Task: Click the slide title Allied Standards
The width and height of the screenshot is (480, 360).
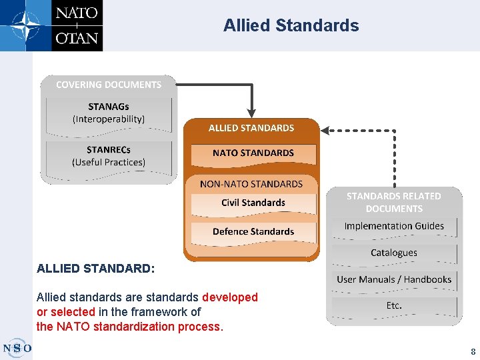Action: tap(291, 26)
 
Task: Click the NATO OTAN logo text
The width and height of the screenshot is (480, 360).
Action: tap(77, 25)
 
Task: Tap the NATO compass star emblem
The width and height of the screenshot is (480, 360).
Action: tap(25, 25)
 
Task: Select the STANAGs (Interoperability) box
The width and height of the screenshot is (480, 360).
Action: tap(109, 113)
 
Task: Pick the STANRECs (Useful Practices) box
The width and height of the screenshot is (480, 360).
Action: tap(109, 156)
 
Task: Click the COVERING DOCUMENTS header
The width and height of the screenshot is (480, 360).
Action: tap(109, 85)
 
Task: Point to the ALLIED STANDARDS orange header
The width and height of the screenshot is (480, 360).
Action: tap(251, 127)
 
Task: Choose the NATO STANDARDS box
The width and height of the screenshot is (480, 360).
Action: tap(253, 153)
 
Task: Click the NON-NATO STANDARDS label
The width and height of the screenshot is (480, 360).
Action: tap(251, 183)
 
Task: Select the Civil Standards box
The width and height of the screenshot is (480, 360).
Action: tap(253, 203)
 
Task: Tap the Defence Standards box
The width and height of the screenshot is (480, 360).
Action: tap(253, 231)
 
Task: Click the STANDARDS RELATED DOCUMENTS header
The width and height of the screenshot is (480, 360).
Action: tap(393, 202)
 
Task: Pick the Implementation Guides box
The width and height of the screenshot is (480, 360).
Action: tap(394, 226)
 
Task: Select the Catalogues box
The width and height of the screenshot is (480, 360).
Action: tap(394, 253)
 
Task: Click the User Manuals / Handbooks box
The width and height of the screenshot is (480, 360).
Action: tap(394, 279)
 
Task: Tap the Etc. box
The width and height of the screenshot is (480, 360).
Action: tap(394, 306)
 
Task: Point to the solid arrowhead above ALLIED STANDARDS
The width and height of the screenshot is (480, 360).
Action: tap(251, 112)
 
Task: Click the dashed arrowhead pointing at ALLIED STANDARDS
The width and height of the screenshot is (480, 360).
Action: tap(325, 131)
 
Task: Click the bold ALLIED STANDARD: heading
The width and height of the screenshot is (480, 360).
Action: tap(95, 269)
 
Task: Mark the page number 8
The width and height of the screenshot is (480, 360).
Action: tap(473, 351)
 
